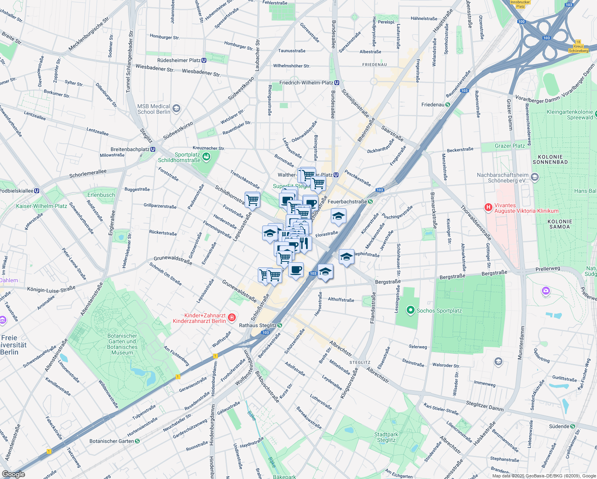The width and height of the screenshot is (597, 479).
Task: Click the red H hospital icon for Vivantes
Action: (x=488, y=207)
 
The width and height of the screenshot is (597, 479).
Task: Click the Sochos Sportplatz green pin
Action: (x=410, y=310)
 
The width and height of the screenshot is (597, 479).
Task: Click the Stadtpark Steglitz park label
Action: (x=386, y=437)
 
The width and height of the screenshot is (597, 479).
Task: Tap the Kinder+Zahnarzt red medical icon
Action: (x=232, y=318)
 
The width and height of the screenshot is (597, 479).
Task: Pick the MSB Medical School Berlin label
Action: (x=154, y=109)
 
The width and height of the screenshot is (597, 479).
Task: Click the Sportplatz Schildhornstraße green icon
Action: (x=206, y=156)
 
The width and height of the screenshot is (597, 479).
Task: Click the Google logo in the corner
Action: (x=13, y=474)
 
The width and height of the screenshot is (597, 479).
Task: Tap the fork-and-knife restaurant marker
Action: (x=304, y=243)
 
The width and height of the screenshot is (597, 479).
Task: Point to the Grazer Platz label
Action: (x=510, y=146)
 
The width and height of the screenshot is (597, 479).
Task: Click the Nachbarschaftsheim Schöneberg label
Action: (x=503, y=178)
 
